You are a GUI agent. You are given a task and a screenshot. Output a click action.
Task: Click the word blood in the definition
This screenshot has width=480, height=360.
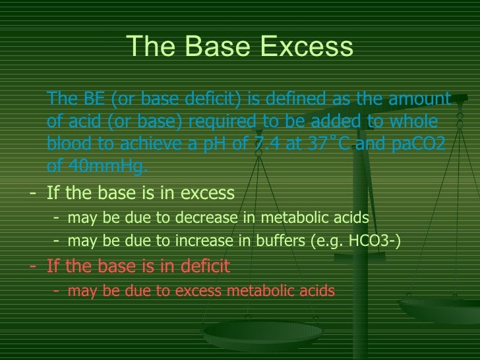tap(69, 144)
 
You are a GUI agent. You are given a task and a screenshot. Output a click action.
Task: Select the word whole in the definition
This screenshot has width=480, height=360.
tap(428, 122)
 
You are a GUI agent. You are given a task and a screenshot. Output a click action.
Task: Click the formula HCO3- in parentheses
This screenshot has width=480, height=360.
tap(375, 241)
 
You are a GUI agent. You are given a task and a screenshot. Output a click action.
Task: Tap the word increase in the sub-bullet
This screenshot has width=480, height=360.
tap(190, 241)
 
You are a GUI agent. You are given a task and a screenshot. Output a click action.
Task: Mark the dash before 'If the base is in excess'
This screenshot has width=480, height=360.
tap(34, 193)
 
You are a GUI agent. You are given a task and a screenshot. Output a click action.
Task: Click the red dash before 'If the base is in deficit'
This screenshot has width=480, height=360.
tap(34, 266)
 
